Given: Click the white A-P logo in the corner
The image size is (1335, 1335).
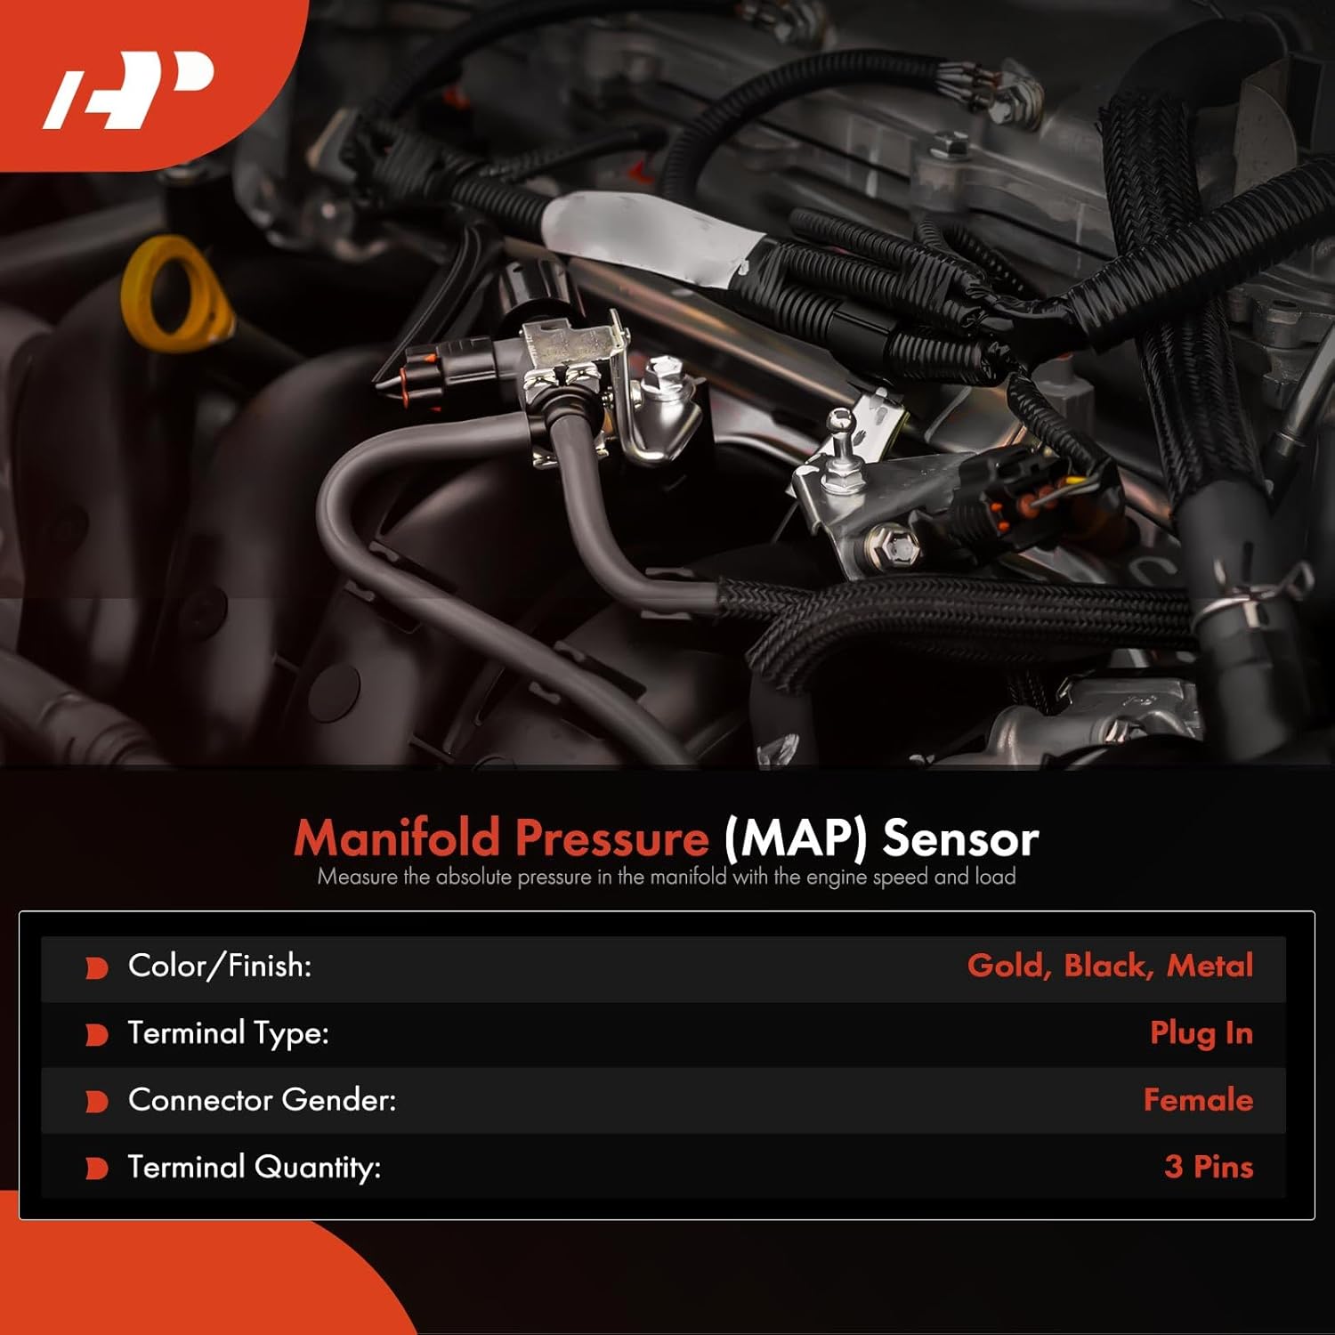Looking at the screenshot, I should point(129,90).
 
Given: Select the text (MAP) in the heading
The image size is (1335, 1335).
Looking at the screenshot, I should point(795,837).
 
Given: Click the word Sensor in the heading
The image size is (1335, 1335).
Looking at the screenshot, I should point(960,837).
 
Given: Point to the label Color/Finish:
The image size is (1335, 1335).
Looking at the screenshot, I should point(220,966).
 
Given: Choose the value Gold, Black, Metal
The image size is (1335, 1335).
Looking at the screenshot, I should point(1110,966).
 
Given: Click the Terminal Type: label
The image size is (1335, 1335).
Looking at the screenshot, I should point(228,1033).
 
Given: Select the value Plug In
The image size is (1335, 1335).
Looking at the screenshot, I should point(1201,1033).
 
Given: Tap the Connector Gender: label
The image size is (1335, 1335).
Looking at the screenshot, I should point(262,1100).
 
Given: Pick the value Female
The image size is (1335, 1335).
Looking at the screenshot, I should point(1198,1100).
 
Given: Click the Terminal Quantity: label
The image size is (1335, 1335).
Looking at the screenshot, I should point(254,1167).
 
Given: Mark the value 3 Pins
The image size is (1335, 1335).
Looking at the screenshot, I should point(1208,1167).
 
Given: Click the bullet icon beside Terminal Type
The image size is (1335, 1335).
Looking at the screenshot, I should point(96,1034).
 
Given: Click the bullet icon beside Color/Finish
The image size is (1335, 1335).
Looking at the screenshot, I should point(96,967).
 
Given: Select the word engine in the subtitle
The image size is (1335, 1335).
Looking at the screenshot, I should point(836,877).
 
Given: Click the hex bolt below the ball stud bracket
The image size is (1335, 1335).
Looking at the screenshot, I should point(893,545).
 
